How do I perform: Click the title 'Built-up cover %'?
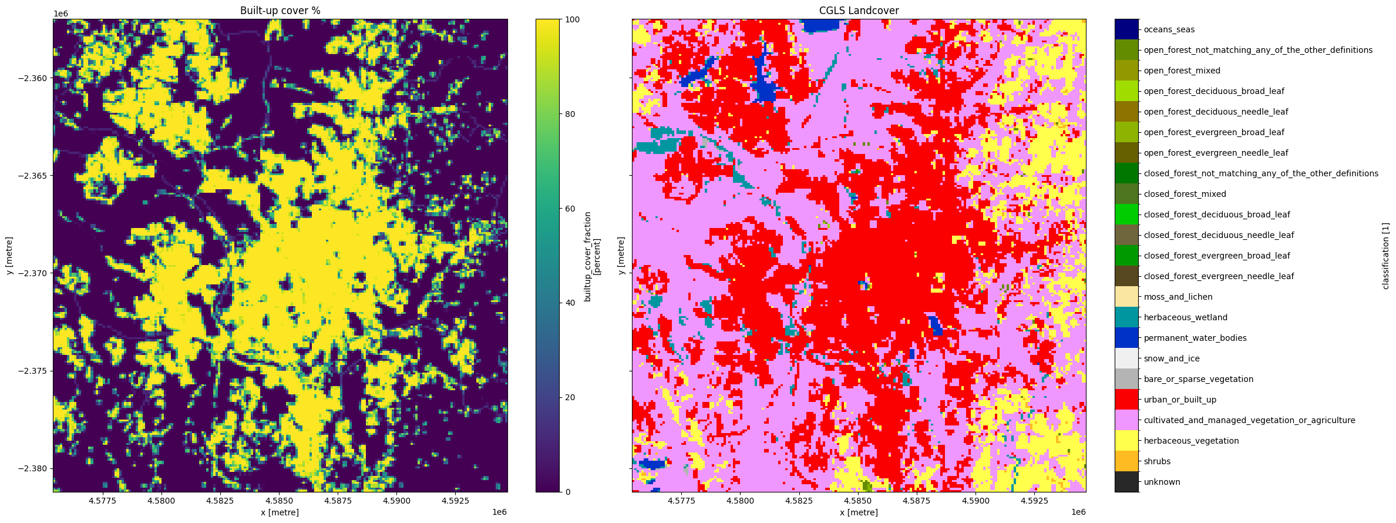[280, 11]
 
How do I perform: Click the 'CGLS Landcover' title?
[859, 11]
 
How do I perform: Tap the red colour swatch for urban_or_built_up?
[1126, 400]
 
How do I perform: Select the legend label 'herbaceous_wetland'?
[1185, 317]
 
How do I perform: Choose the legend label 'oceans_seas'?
[1169, 29]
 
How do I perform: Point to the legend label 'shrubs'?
[1157, 461]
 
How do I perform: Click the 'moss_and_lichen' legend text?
[1178, 297]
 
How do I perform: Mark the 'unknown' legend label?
[1162, 482]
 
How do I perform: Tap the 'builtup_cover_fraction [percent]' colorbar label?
[591, 256]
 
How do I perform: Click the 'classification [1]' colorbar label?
[1385, 256]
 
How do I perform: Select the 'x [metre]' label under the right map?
[859, 512]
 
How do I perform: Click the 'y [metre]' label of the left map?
[10, 256]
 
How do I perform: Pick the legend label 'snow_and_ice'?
[1172, 358]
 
